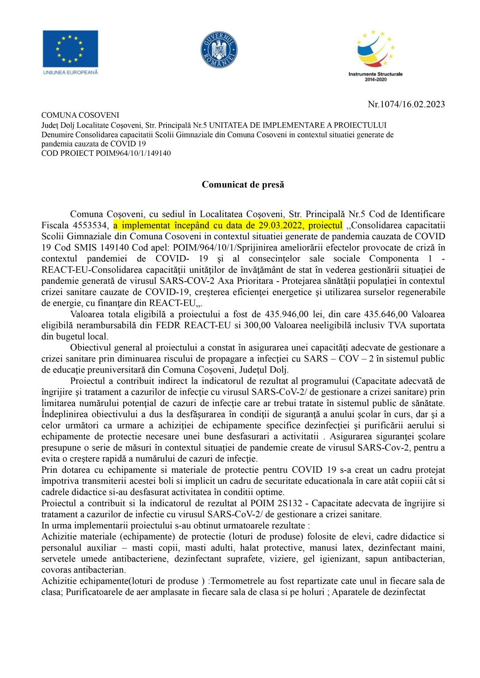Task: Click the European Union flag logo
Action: tap(70, 48)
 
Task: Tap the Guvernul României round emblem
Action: tap(219, 49)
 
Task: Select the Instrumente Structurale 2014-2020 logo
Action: tap(375, 55)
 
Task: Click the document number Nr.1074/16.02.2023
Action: tap(406, 104)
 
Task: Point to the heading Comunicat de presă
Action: tap(243, 185)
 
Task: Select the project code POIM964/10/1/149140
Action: tap(133, 153)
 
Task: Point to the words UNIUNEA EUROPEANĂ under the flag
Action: tap(70, 72)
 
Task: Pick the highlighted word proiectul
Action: tap(325, 226)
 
